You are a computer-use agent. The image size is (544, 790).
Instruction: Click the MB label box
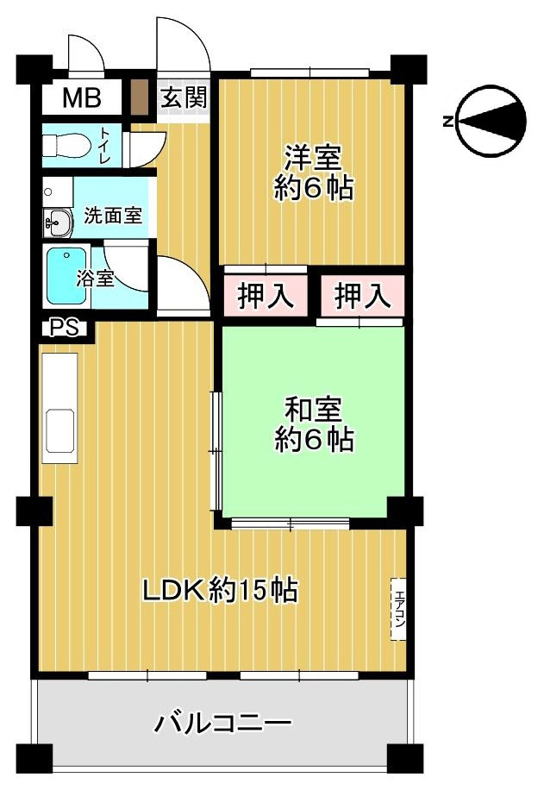click(81, 98)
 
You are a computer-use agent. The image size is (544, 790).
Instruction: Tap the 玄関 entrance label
click(184, 97)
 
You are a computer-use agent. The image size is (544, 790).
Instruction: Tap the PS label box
click(64, 328)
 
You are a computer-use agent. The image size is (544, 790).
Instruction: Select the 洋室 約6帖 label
click(314, 172)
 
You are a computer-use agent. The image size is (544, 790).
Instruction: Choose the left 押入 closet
click(266, 296)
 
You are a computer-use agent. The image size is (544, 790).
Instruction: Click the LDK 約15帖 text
click(220, 591)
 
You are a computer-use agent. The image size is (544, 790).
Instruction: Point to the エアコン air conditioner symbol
click(398, 608)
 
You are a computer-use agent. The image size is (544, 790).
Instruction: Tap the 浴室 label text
click(95, 279)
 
